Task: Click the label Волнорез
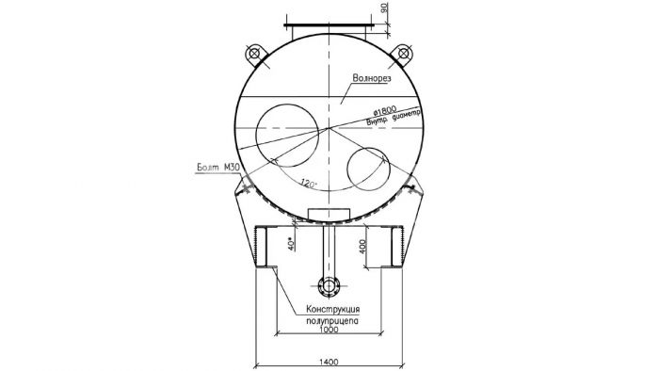(372, 78)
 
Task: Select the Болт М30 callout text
(218, 168)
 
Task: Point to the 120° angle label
(309, 184)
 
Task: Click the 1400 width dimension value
(329, 362)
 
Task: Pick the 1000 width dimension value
(329, 330)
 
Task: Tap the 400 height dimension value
(363, 246)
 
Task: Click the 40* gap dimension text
(291, 244)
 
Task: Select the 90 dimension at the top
(384, 8)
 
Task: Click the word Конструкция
(333, 310)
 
